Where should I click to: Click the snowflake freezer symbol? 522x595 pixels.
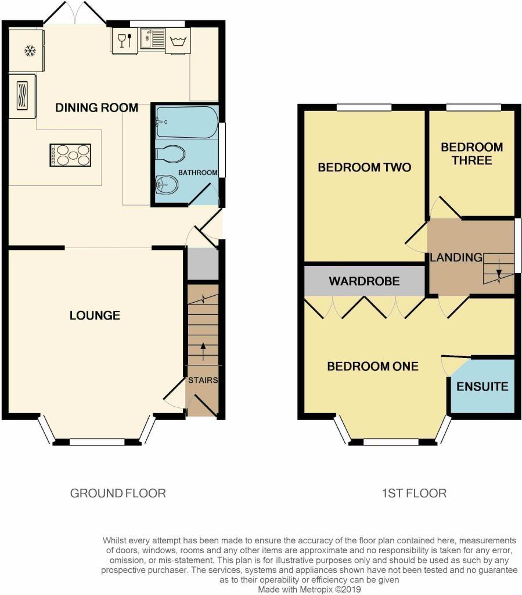pyautogui.click(x=28, y=52)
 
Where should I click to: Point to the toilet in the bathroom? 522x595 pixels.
pyautogui.click(x=172, y=154)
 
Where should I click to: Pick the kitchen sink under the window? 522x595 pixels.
pyautogui.click(x=152, y=40)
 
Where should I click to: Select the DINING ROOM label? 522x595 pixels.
pyautogui.click(x=96, y=107)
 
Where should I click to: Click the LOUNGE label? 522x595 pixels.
pyautogui.click(x=95, y=316)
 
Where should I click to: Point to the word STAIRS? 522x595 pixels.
pyautogui.click(x=203, y=381)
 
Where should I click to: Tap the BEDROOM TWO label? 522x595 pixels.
pyautogui.click(x=364, y=168)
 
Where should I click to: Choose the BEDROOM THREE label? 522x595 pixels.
pyautogui.click(x=471, y=153)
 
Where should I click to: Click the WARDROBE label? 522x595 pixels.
pyautogui.click(x=364, y=281)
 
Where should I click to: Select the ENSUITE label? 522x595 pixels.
pyautogui.click(x=483, y=386)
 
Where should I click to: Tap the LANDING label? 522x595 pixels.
pyautogui.click(x=456, y=257)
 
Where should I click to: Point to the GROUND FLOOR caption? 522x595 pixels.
pyautogui.click(x=118, y=493)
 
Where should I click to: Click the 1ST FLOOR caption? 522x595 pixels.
pyautogui.click(x=414, y=493)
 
